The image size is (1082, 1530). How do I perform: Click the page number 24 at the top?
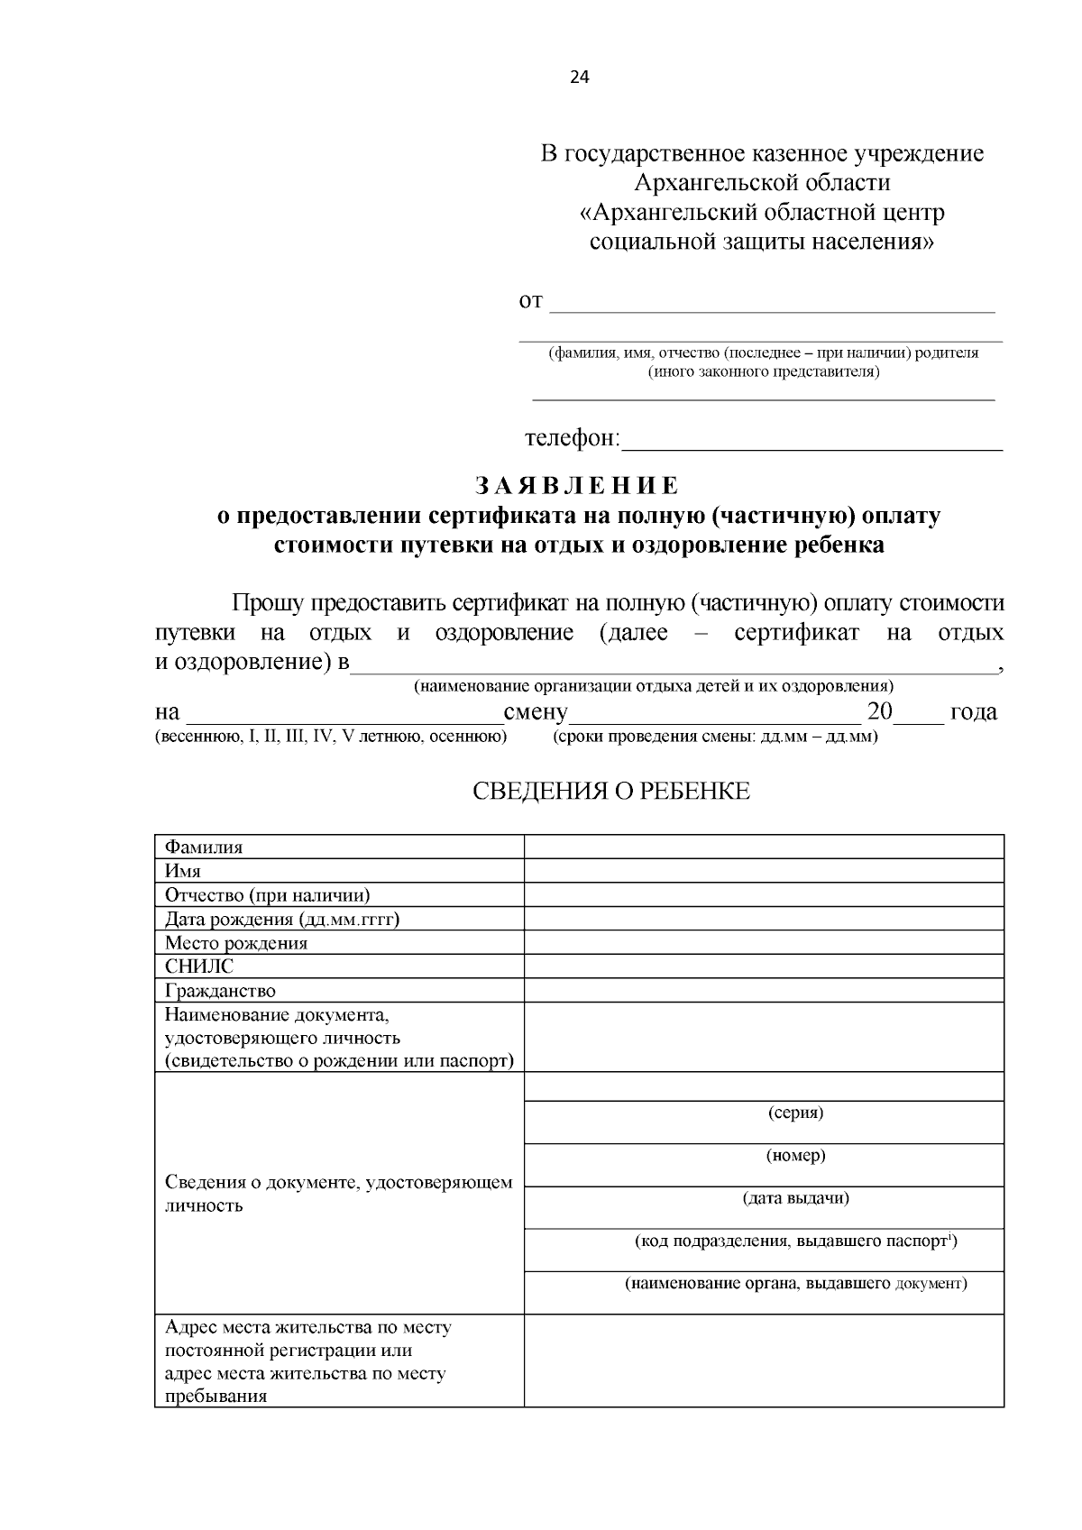coord(579,78)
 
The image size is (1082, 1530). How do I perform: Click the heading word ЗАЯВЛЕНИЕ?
coord(577,486)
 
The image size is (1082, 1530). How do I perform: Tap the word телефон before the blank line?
coord(571,439)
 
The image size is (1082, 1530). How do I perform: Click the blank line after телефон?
coord(811,442)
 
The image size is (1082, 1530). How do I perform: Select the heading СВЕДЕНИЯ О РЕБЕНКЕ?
coord(611,792)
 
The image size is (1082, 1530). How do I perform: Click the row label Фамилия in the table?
coord(204,847)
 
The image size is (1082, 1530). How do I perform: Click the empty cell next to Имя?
coord(764,871)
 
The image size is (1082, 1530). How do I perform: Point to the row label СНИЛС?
coord(199,967)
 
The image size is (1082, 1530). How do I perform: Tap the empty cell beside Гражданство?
coord(764,991)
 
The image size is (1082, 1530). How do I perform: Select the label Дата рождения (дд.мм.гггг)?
coord(282,919)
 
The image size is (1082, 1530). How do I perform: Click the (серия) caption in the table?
coord(795,1113)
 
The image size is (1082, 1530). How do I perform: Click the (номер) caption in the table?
coord(795,1156)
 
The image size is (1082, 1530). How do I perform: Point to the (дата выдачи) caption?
coord(795,1198)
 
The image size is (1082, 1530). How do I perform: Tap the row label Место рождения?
coord(236,943)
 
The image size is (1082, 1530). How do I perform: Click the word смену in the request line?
coord(536,713)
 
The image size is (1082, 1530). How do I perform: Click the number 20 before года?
coord(879,711)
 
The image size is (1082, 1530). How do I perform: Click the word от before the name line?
coord(531,301)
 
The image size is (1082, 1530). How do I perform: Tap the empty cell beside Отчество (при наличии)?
coord(764,895)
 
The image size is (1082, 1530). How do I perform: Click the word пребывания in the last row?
coord(216,1397)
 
